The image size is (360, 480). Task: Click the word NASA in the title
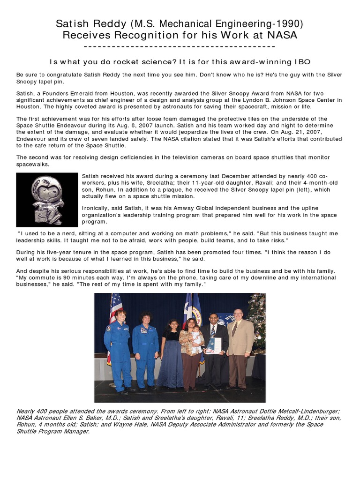pyautogui.click(x=283, y=36)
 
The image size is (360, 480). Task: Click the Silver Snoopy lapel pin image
pyautogui.click(x=47, y=200)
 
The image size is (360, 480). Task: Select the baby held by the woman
pyautogui.click(x=195, y=336)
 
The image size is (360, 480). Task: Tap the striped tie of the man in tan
pyautogui.click(x=234, y=329)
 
